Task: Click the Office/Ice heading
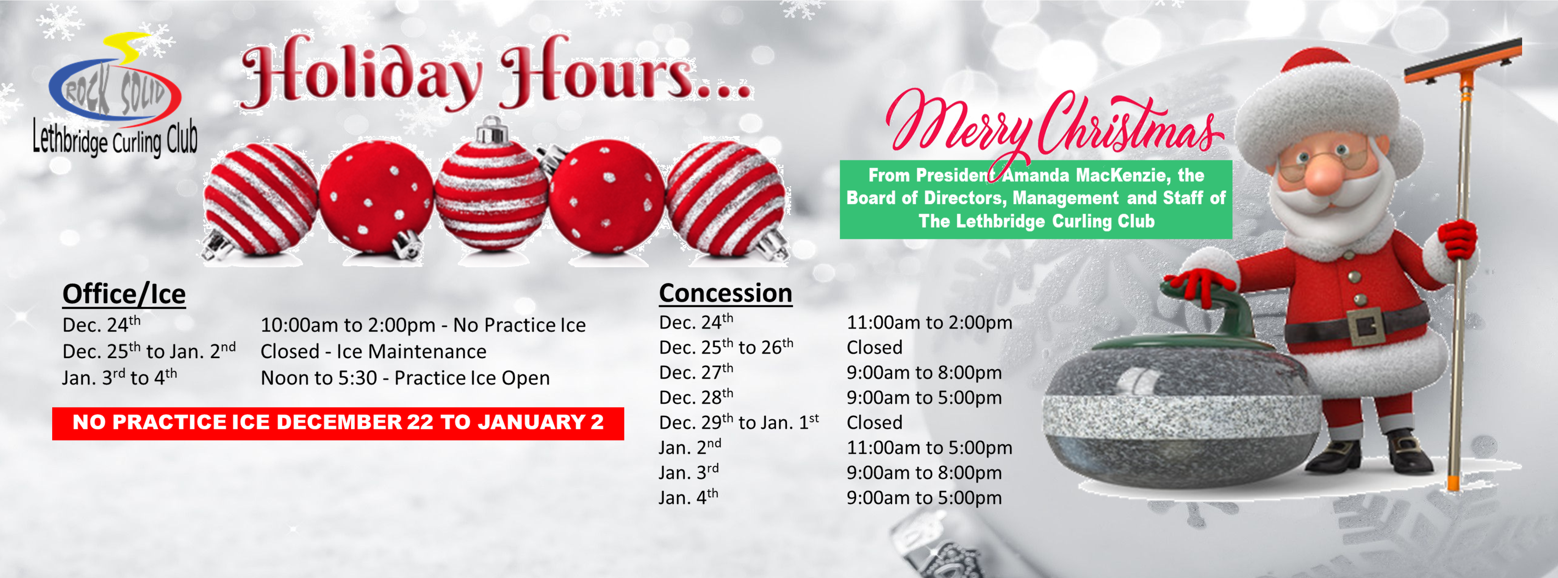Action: pos(124,294)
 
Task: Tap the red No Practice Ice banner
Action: pos(338,423)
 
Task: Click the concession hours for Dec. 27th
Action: pos(923,373)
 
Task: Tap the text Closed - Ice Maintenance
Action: pos(373,351)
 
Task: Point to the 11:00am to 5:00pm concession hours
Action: pos(929,447)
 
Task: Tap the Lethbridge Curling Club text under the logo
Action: pos(115,139)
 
